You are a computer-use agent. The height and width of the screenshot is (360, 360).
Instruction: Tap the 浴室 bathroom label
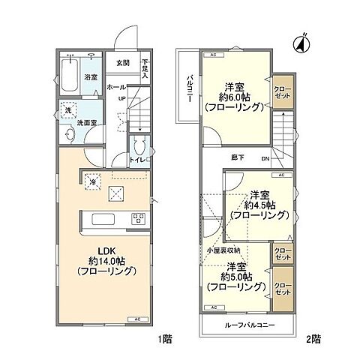coord(89,76)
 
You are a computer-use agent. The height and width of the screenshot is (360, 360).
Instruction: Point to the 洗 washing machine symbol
coord(67,110)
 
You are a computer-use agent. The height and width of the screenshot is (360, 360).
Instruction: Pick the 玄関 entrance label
coord(121,63)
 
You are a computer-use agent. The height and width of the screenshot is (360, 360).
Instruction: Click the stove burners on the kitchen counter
coord(138,218)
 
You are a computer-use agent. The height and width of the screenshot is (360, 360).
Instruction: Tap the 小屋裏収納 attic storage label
coord(223,250)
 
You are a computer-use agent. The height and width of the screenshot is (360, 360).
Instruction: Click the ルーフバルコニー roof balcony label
coord(247,325)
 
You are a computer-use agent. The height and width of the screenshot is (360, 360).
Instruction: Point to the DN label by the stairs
coord(264,159)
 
